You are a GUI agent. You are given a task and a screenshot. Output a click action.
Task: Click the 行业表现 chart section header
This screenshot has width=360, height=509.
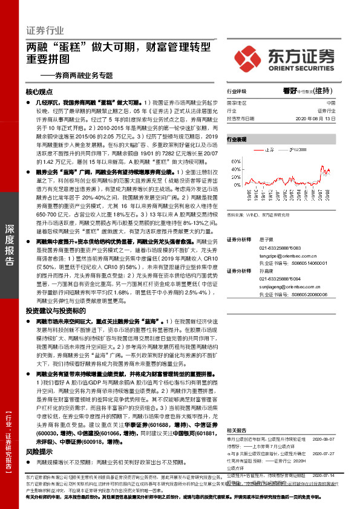click(x=237, y=139)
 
